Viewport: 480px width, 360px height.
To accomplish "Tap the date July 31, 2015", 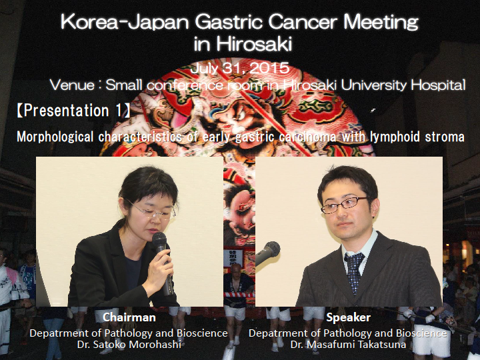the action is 240,67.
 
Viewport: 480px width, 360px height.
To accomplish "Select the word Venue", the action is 72,85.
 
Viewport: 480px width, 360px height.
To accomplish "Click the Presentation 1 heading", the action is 73,111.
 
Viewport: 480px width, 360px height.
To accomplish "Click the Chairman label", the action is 129,317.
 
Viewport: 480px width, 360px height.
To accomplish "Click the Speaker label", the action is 349,317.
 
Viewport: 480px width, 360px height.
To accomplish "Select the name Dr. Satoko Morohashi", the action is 129,345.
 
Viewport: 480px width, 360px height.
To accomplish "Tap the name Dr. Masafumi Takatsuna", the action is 348,345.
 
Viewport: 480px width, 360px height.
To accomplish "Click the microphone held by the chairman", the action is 163,260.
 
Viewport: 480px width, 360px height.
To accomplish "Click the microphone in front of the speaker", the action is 267,253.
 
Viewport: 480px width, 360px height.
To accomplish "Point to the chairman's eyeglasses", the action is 152,211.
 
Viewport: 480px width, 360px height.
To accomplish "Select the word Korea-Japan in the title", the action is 124,23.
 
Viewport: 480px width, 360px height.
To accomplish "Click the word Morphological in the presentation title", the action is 55,137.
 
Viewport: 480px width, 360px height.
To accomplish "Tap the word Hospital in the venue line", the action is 438,85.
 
